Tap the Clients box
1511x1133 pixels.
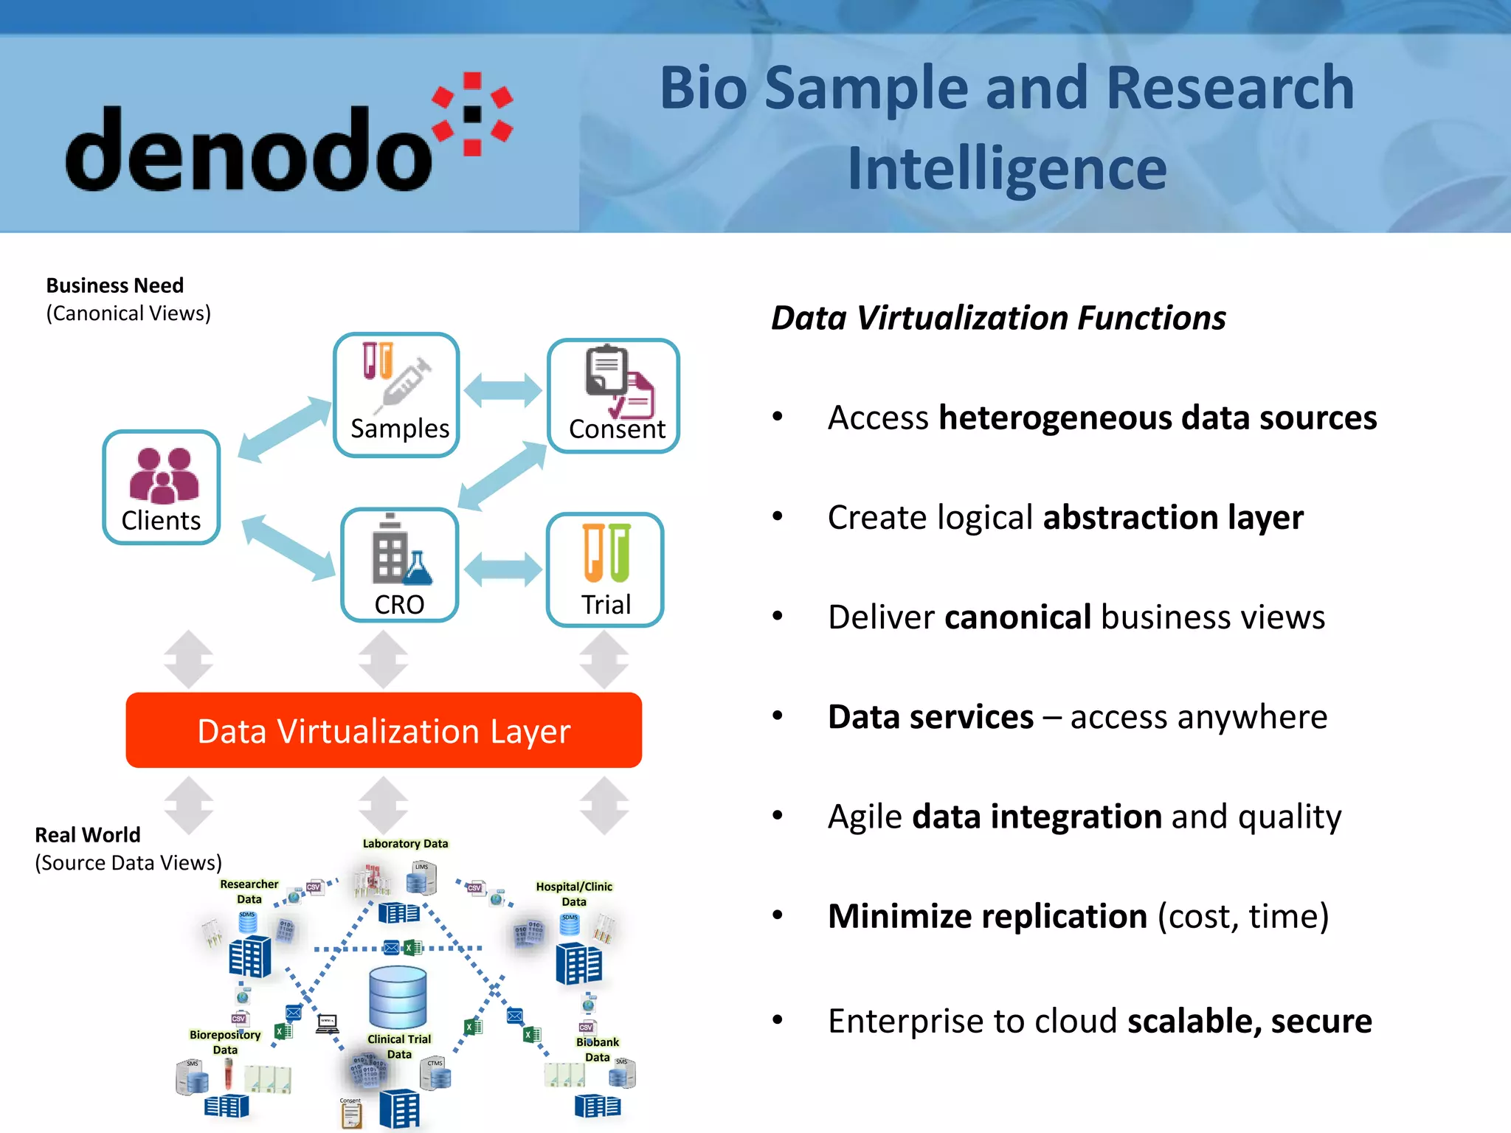point(162,488)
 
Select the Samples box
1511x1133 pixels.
point(397,395)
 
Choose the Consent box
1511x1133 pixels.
point(613,395)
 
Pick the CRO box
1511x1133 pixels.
point(399,565)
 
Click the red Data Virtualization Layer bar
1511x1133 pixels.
point(384,730)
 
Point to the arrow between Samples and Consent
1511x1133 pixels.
point(503,389)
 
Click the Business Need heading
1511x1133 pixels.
point(115,285)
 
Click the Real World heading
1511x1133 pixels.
point(88,835)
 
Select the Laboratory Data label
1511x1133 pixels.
point(405,843)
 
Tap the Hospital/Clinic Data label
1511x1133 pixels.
point(574,893)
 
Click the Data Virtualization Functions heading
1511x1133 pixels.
point(997,319)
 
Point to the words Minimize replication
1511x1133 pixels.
point(987,916)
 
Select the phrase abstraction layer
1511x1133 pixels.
point(1172,518)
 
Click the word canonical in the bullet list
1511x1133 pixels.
point(1017,617)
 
